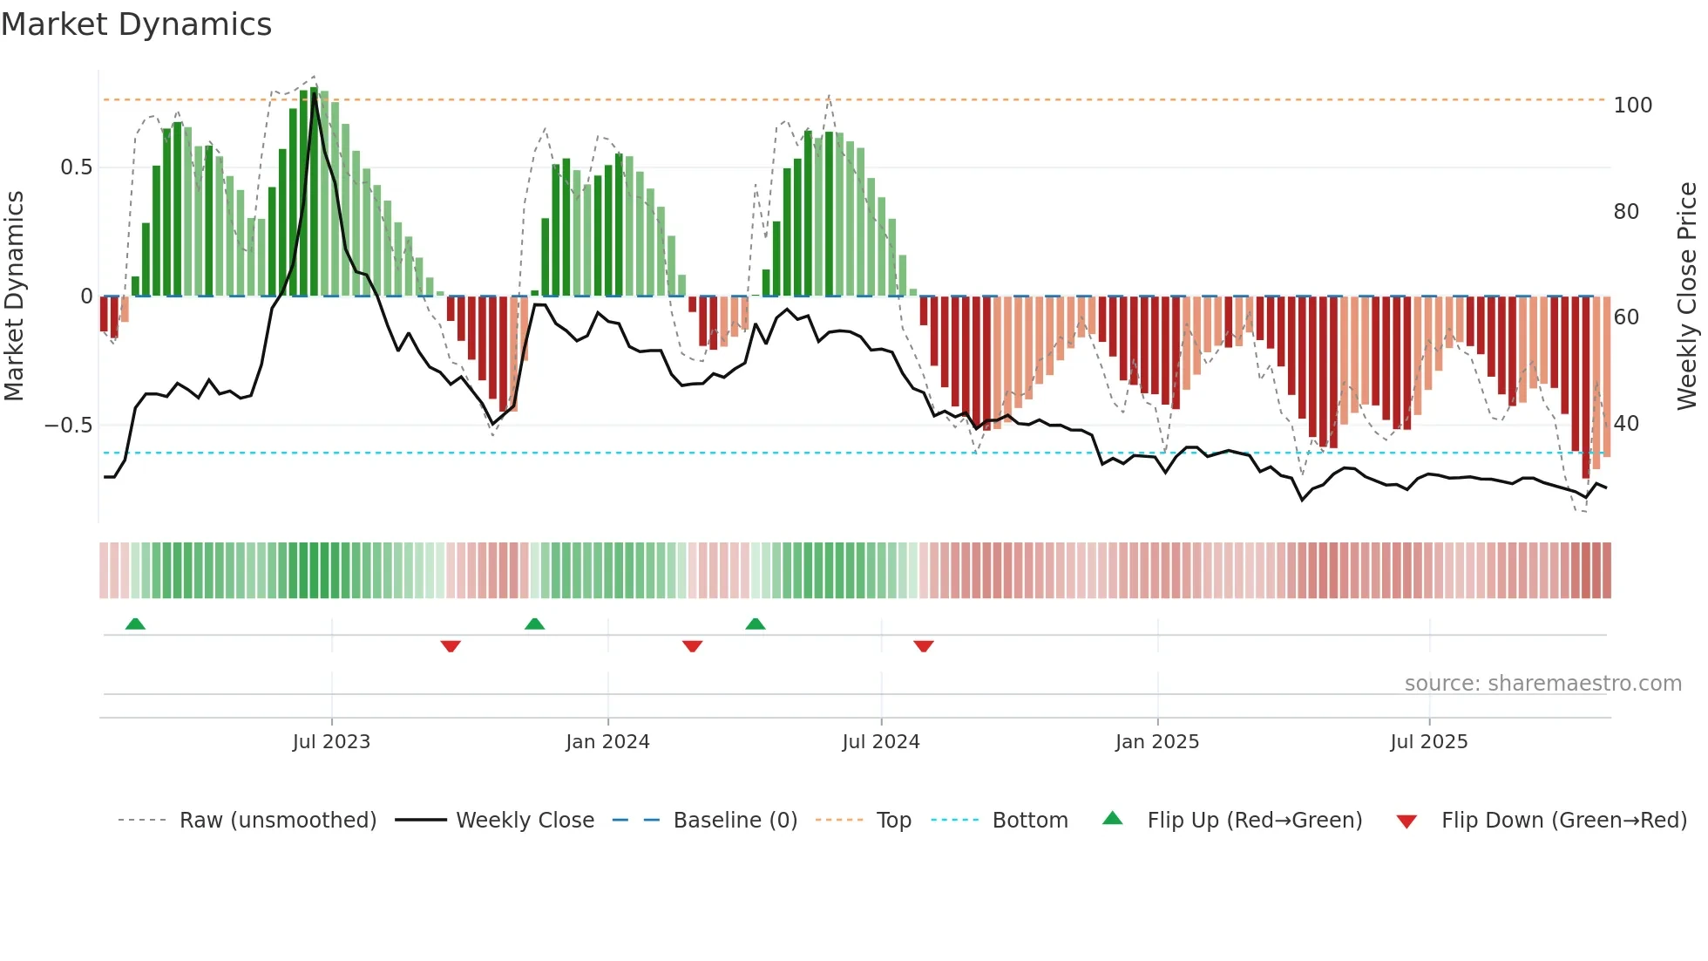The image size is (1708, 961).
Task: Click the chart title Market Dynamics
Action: pyautogui.click(x=136, y=24)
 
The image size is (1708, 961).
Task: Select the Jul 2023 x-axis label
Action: pyautogui.click(x=331, y=742)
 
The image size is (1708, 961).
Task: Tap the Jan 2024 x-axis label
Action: pyautogui.click(x=607, y=742)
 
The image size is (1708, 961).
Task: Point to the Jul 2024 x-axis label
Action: pyautogui.click(x=881, y=742)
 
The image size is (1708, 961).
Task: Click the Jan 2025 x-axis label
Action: pyautogui.click(x=1157, y=742)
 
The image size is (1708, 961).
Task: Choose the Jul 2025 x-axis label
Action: pyautogui.click(x=1429, y=742)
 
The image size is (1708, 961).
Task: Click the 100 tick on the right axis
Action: pyautogui.click(x=1632, y=106)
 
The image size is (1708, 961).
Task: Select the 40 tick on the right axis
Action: pyautogui.click(x=1626, y=424)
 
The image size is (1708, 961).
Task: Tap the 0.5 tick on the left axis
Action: pyautogui.click(x=76, y=167)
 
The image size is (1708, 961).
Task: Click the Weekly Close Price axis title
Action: pyautogui.click(x=1688, y=296)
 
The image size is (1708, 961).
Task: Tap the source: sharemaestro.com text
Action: pyautogui.click(x=1542, y=684)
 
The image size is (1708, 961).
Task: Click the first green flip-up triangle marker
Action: pyautogui.click(x=135, y=624)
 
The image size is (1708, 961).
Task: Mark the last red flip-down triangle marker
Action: pyautogui.click(x=924, y=646)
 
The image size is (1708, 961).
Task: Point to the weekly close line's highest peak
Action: pyautogui.click(x=315, y=94)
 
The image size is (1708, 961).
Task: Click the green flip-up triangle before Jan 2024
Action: pyautogui.click(x=535, y=624)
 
